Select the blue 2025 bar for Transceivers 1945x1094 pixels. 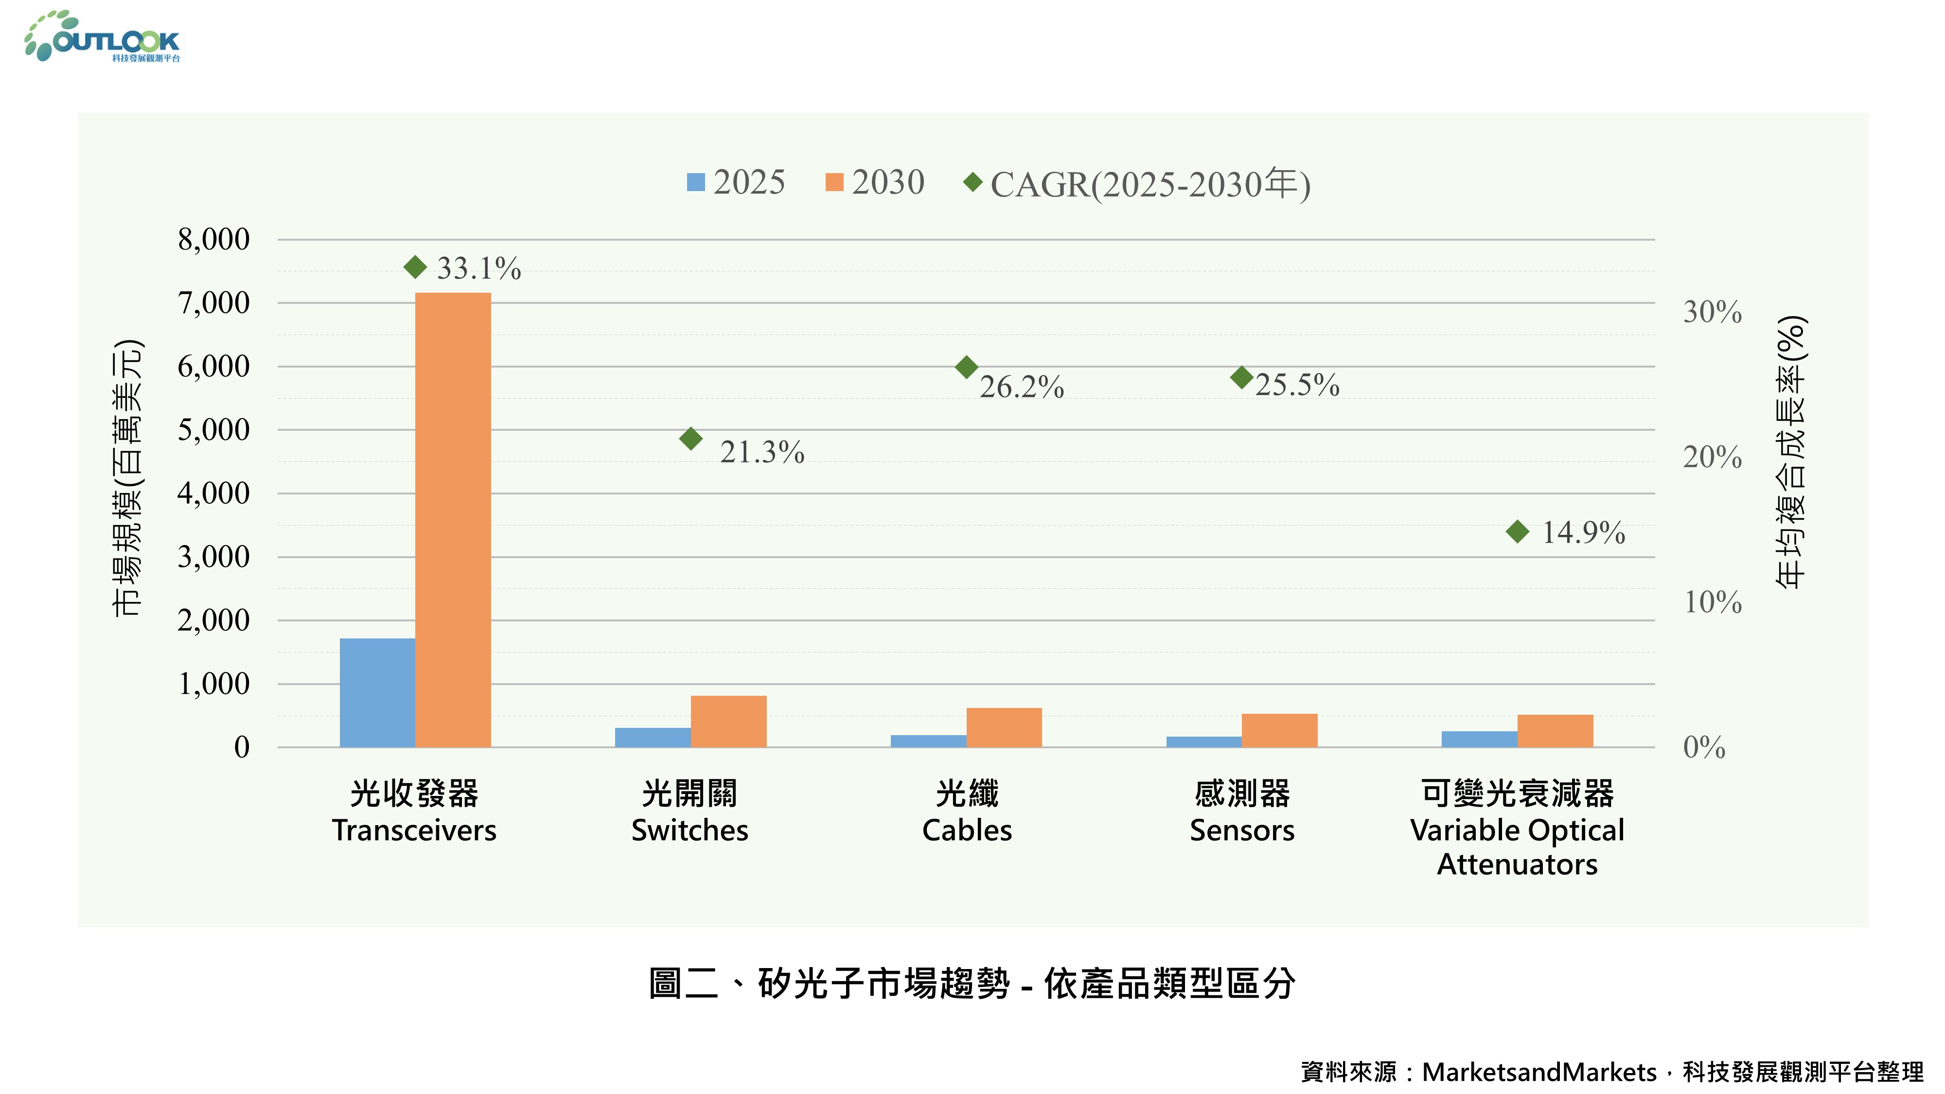[x=377, y=692]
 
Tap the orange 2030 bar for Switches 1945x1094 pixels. [x=728, y=721]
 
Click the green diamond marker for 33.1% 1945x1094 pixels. [x=415, y=266]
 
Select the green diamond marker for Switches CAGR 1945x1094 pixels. [x=691, y=438]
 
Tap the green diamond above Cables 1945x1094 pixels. [x=967, y=368]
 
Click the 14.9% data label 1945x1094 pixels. [x=1583, y=532]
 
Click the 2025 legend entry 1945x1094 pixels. [x=736, y=182]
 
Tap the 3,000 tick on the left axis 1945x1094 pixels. [x=213, y=557]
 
